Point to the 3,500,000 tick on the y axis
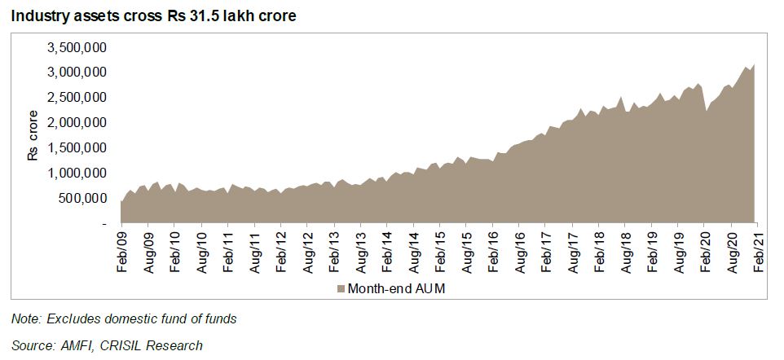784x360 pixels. [78, 47]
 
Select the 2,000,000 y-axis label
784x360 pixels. [78, 122]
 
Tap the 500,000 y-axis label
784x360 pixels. [83, 198]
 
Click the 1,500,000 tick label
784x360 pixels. [78, 147]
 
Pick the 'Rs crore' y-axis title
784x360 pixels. [33, 135]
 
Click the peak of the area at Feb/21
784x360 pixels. [755, 65]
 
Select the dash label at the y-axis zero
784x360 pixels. [104, 223]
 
